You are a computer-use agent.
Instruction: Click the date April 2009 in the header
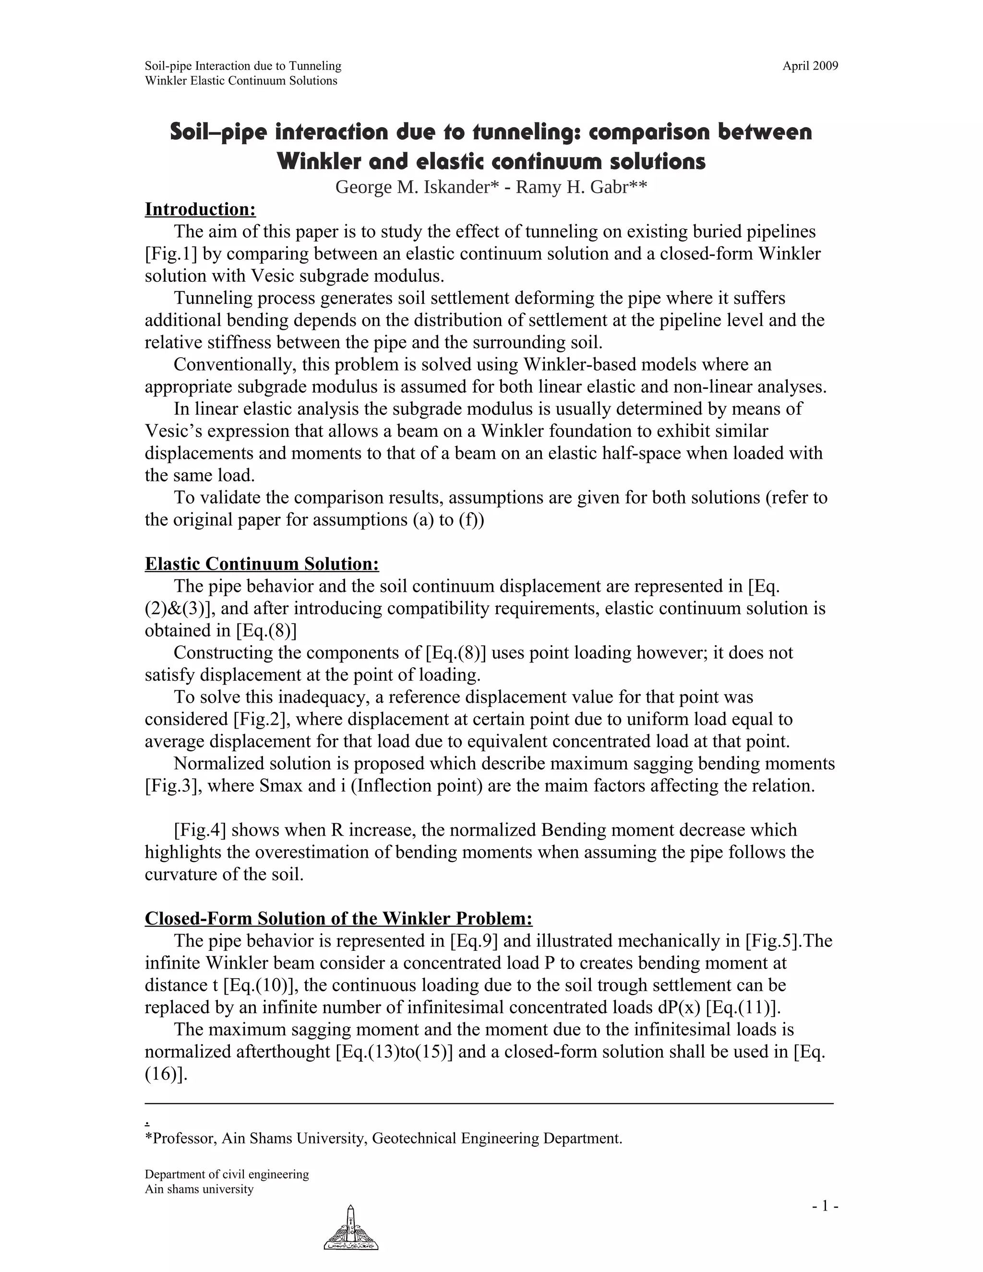point(810,66)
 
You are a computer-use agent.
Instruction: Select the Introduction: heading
point(200,209)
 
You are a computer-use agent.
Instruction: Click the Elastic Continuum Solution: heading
point(262,564)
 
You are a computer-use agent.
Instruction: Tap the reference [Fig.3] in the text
point(173,786)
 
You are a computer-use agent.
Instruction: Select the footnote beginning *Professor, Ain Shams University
point(383,1139)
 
